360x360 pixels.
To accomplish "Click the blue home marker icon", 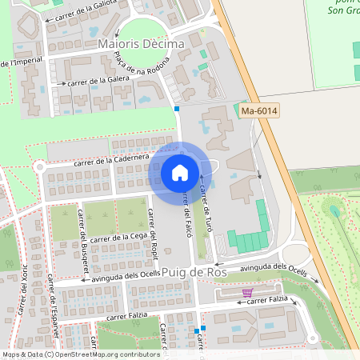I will tap(180, 172).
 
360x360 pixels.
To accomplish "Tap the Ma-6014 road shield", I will tap(258, 111).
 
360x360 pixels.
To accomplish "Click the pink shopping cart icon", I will tap(246, 292).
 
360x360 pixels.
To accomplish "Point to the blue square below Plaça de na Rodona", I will tap(177, 108).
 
